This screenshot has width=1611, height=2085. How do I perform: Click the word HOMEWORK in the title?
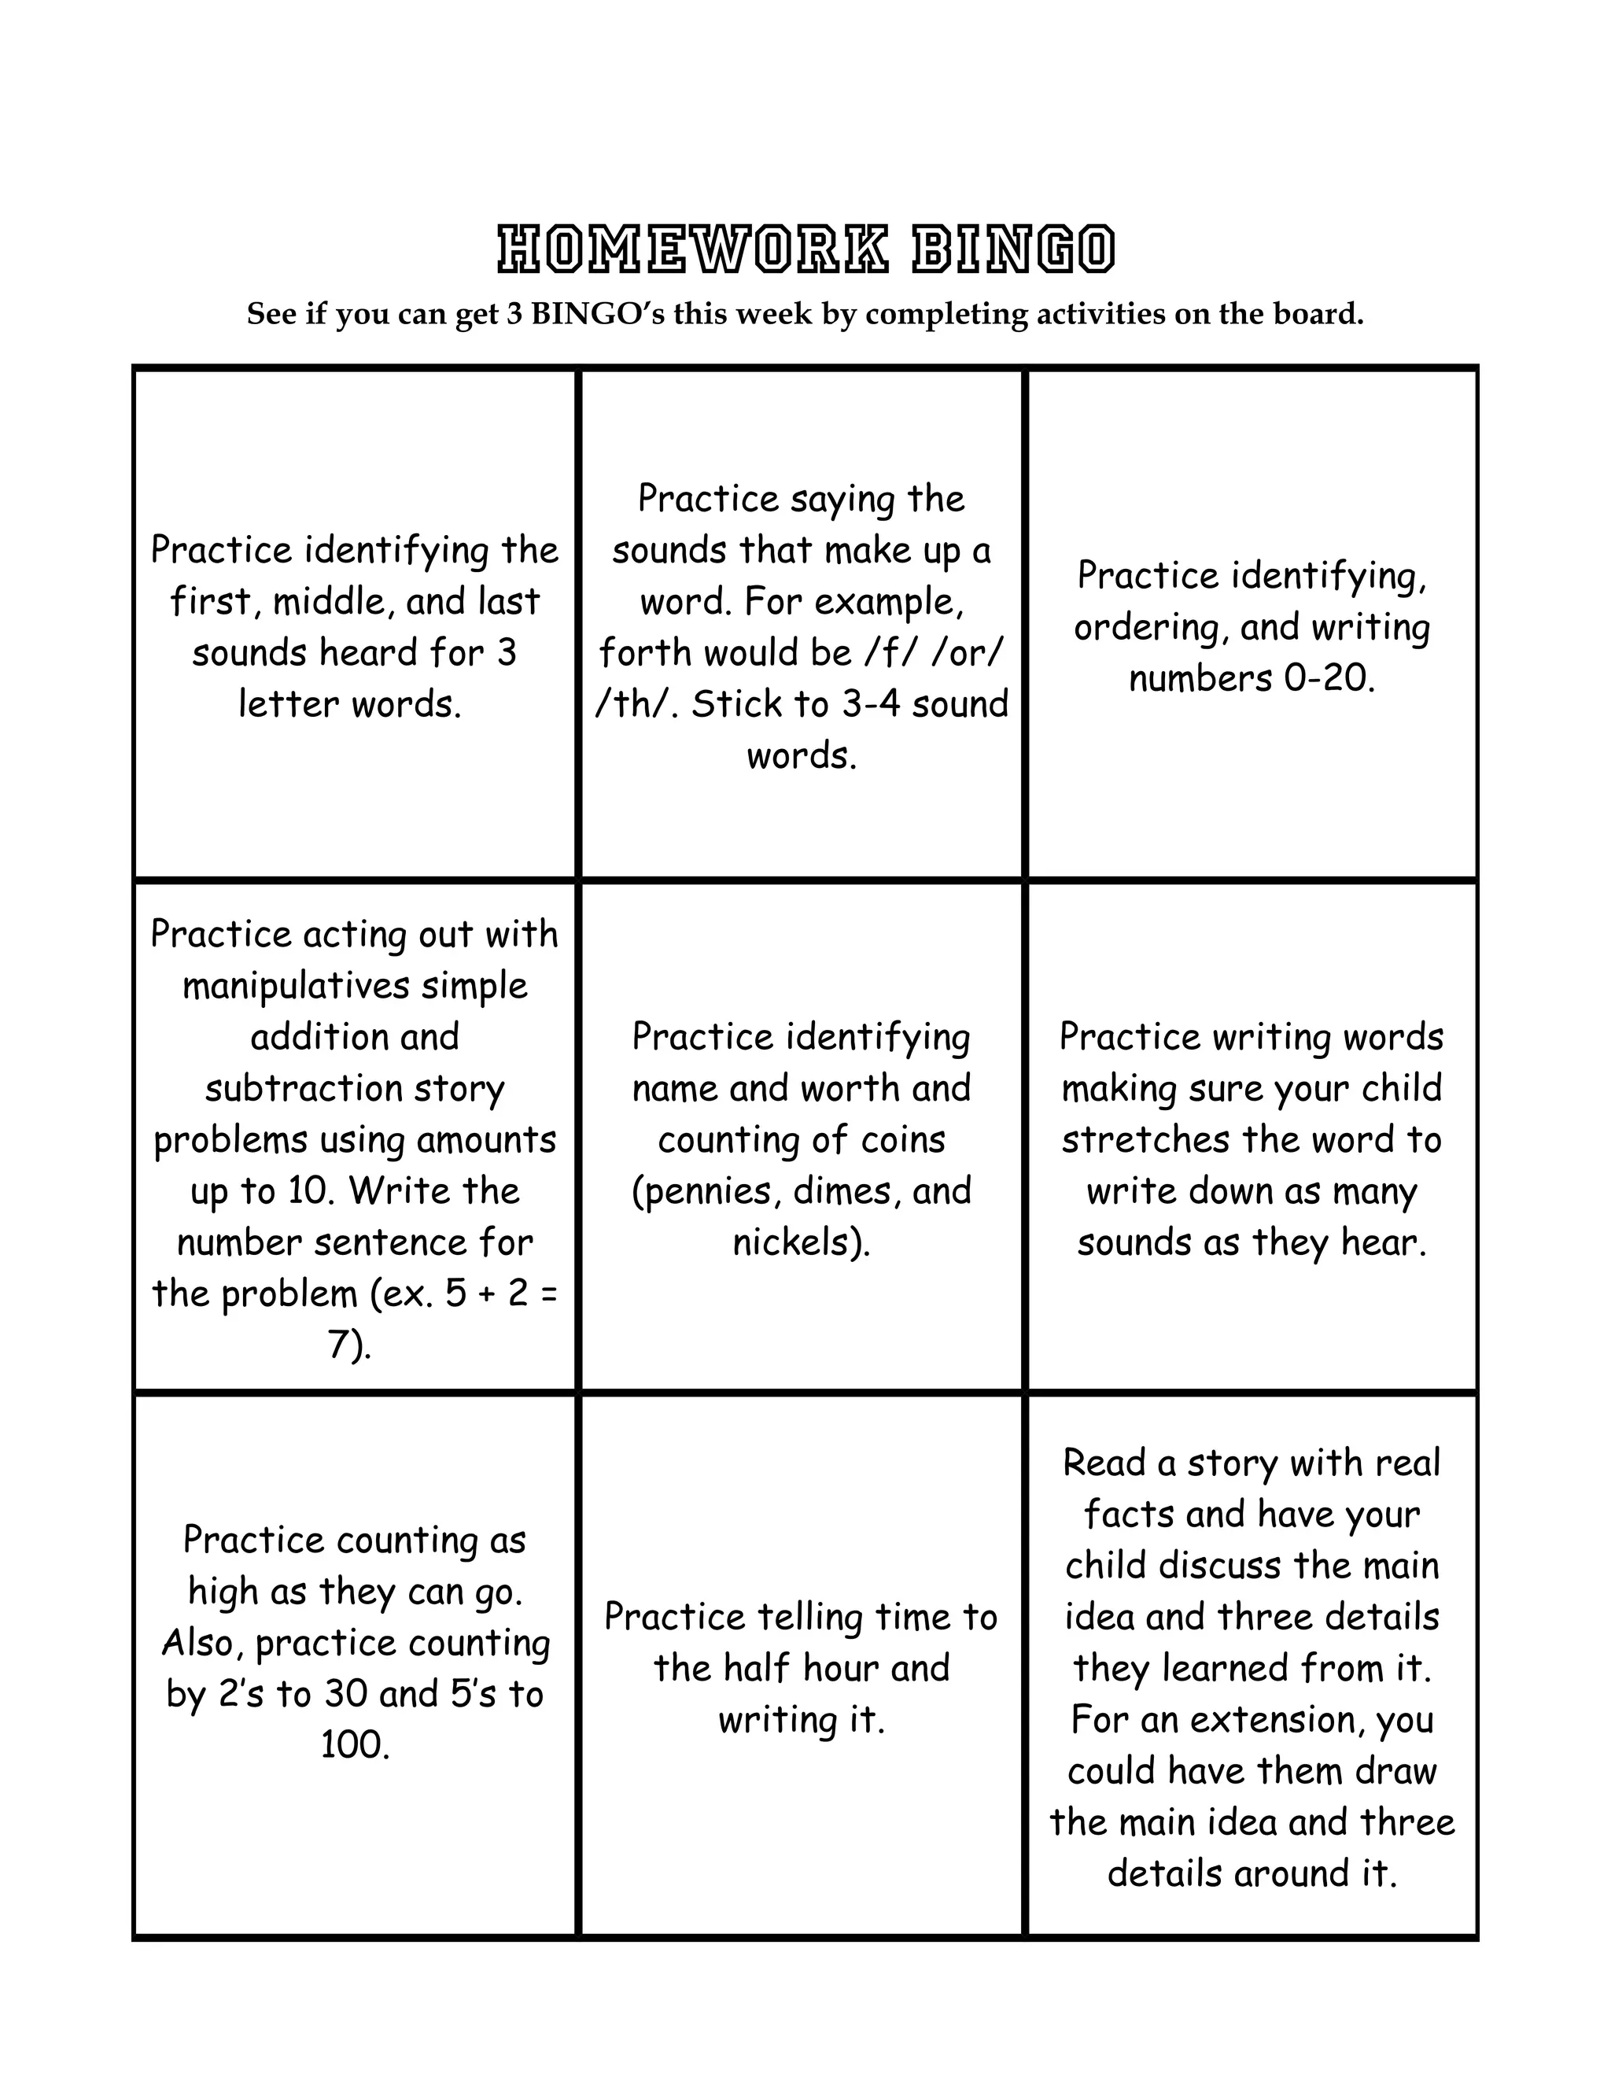(694, 250)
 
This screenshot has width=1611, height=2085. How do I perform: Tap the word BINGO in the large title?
(1012, 250)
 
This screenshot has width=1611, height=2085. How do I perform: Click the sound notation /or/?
(966, 653)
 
